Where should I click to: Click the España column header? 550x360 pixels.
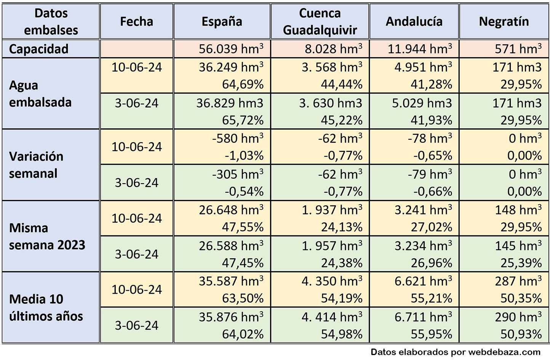[x=222, y=21]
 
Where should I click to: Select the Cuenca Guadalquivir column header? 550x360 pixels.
[x=320, y=21]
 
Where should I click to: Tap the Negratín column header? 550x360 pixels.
[x=504, y=21]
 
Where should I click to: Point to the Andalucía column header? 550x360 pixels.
[x=414, y=21]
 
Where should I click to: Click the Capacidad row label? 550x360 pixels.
[x=38, y=49]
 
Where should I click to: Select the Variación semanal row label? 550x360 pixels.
[x=36, y=165]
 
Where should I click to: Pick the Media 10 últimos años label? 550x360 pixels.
[x=46, y=307]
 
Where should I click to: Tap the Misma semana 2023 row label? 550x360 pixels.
[x=47, y=236]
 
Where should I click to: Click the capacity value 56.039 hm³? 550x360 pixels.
[x=231, y=49]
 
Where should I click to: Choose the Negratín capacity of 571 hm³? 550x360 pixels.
[x=518, y=49]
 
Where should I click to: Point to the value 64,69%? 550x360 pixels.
[x=243, y=84]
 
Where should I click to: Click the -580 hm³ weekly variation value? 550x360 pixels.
[x=238, y=138]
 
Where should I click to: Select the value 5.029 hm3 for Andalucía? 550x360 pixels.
[x=422, y=103]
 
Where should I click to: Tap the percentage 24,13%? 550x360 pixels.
[x=342, y=227]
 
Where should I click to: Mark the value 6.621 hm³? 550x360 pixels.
[x=423, y=281]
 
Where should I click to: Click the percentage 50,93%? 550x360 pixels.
[x=521, y=334]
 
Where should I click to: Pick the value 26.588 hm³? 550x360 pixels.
[x=231, y=246]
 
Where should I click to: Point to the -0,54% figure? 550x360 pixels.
[x=244, y=191]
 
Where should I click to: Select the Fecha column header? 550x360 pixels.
[x=136, y=21]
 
